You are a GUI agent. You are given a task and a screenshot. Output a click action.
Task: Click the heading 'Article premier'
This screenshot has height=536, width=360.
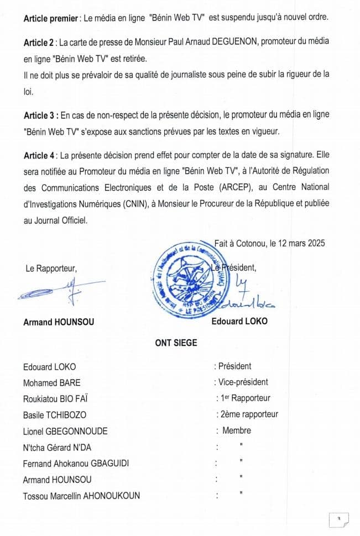[51, 18]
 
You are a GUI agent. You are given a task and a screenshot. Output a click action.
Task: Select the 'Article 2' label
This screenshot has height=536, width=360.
[39, 43]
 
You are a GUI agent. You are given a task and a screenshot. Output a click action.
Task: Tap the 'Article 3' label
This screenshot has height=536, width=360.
[39, 115]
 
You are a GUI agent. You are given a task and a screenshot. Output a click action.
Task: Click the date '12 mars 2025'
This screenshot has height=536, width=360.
[298, 243]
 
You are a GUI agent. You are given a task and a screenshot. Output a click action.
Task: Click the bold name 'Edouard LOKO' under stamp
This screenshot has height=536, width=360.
[239, 320]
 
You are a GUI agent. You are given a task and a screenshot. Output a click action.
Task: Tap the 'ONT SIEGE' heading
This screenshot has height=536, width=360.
[176, 343]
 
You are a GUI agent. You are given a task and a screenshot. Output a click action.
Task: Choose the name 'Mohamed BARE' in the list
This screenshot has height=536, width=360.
[51, 382]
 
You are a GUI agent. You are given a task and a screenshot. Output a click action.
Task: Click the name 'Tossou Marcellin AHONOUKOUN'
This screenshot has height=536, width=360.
[81, 496]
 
